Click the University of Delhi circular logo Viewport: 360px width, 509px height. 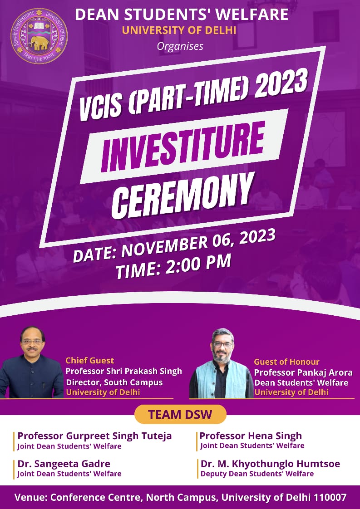pos(39,36)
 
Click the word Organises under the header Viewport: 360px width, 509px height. pos(180,46)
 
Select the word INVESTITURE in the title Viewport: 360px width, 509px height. pos(182,147)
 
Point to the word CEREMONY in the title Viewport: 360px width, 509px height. pos(183,195)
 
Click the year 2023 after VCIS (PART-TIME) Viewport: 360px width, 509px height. pos(281,84)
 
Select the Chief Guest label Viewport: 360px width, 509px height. pos(90,360)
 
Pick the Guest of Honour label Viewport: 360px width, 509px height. pos(286,362)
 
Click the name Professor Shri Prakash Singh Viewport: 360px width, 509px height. pos(124,371)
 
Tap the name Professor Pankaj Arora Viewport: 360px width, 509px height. pos(303,372)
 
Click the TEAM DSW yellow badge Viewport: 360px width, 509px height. pos(180,414)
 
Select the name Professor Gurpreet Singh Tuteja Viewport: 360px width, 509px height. pos(94,436)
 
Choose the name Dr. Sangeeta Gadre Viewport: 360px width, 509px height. pos(64,464)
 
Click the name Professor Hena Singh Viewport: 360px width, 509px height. pos(251,436)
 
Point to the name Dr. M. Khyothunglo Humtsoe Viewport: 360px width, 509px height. pos(270,464)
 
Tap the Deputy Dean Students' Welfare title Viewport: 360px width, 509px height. pos(257,474)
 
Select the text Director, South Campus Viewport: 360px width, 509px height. pos(114,382)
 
